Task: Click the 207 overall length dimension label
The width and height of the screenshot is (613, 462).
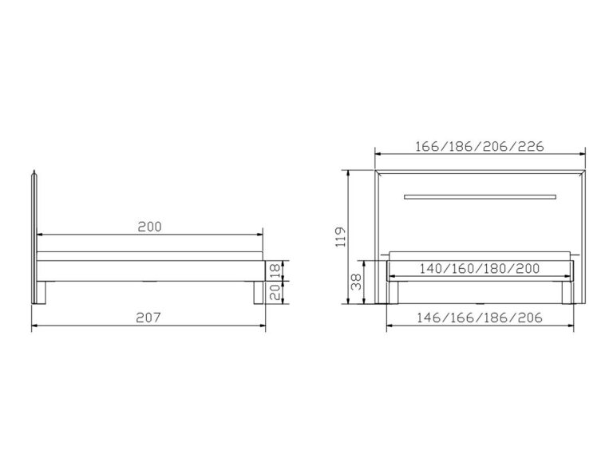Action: point(149,318)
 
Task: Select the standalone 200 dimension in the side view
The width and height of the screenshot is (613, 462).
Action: point(149,226)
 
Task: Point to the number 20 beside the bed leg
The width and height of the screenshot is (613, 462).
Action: point(274,292)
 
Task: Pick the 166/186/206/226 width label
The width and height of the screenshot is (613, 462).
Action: point(480,147)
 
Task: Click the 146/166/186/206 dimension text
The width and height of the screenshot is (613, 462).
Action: point(480,318)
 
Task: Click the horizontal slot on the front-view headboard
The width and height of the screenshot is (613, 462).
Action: point(480,195)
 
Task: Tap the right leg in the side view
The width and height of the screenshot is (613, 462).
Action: point(255,293)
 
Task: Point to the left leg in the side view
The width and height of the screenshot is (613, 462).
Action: point(44,293)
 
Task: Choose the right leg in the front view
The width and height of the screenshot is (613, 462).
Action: point(566,293)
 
